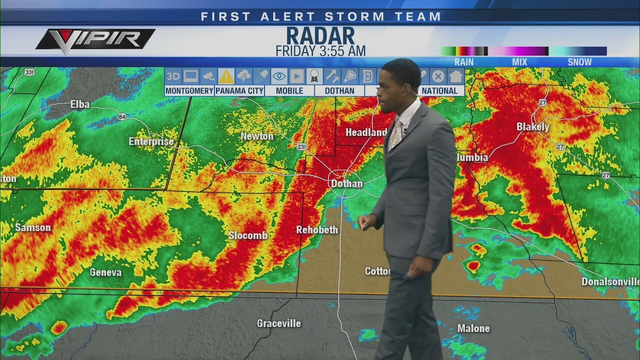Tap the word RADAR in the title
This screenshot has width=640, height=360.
[320, 36]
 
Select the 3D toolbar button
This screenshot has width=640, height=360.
[173, 76]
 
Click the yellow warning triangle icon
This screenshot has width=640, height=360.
[226, 76]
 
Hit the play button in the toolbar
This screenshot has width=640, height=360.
[296, 76]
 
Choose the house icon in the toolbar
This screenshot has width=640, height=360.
[455, 76]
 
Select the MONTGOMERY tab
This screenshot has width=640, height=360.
[189, 91]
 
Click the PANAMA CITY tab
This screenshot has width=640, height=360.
[239, 91]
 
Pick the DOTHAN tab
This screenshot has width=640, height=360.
[339, 91]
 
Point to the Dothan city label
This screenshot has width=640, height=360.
[346, 183]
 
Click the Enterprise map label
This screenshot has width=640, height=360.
[151, 141]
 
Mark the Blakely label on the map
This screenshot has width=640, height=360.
[533, 127]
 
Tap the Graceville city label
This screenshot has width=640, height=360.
[279, 323]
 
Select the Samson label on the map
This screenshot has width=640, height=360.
[33, 228]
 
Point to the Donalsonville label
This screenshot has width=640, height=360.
[610, 281]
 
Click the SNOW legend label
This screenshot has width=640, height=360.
[579, 62]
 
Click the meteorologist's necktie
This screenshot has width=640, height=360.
[395, 134]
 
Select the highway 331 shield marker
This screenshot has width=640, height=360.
[29, 72]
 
